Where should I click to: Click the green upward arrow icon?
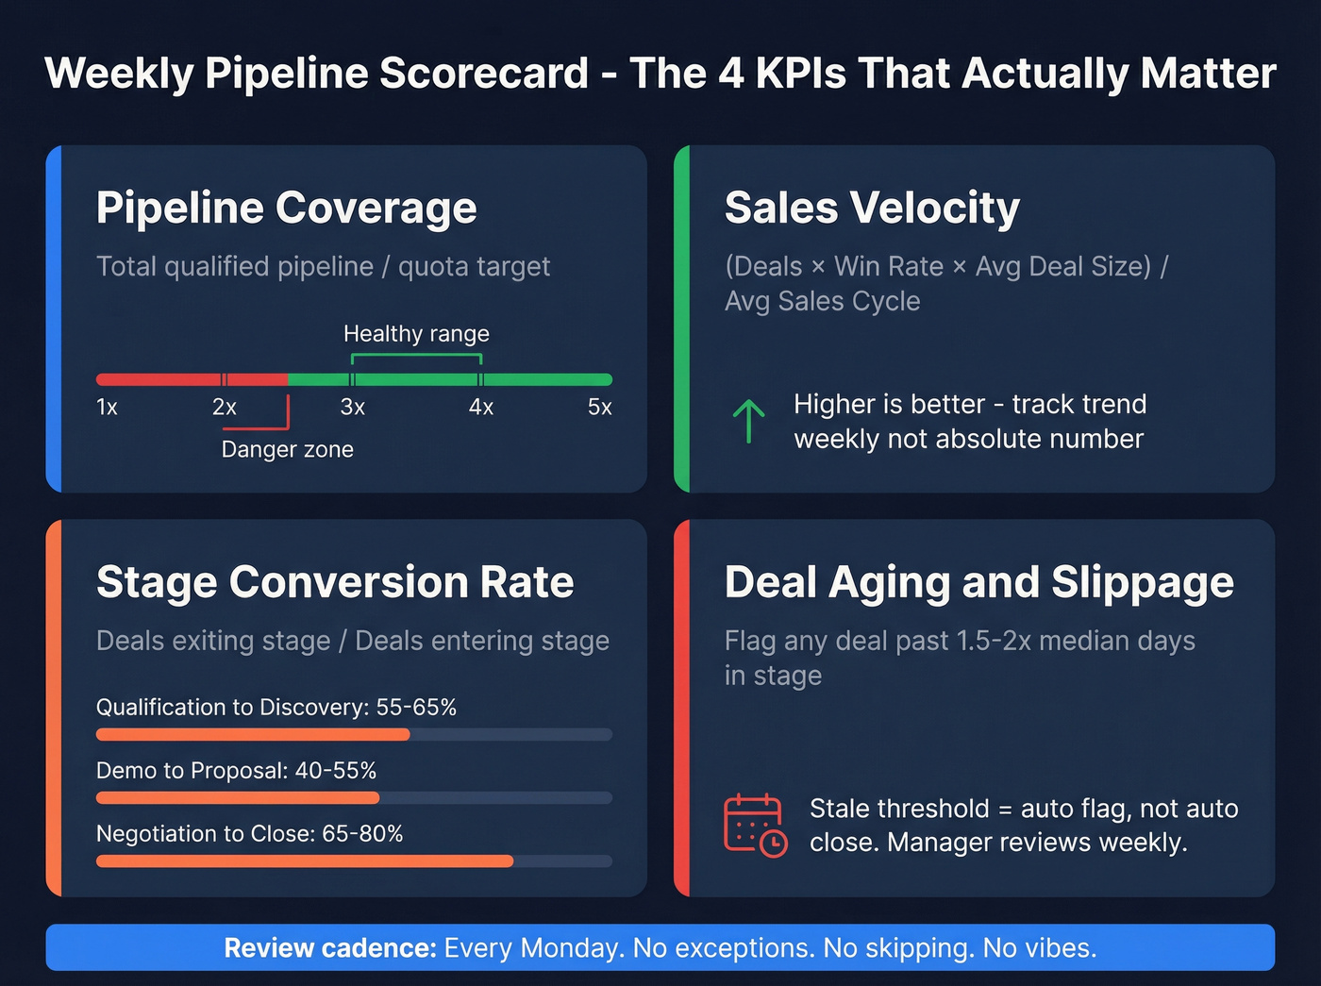point(748,421)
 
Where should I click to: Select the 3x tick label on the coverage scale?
point(352,408)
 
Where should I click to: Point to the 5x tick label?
point(600,408)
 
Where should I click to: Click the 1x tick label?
point(107,408)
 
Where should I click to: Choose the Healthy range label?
point(416,334)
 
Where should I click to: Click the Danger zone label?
point(287,449)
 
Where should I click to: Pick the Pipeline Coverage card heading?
point(286,209)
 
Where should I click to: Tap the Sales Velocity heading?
point(872,209)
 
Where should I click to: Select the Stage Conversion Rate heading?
point(335,582)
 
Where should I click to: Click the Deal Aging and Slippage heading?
point(978,582)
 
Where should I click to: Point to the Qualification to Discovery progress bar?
point(354,734)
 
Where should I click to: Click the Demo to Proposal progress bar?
point(354,797)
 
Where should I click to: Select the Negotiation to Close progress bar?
point(354,861)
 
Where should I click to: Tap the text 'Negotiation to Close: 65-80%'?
point(249,834)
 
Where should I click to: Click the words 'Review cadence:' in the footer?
point(329,948)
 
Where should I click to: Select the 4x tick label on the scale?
point(481,408)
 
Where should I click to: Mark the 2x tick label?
point(225,408)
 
